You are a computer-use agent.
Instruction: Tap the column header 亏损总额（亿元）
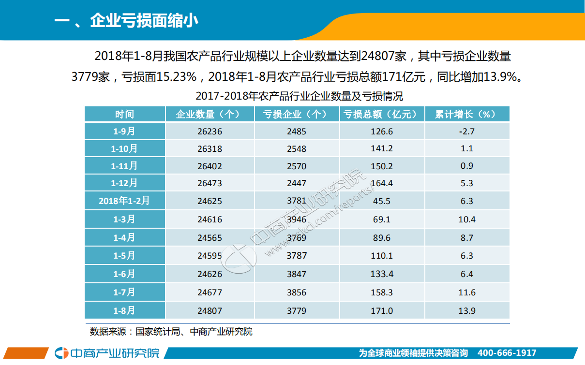(x=382, y=114)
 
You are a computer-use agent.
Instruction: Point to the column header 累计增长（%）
(x=466, y=114)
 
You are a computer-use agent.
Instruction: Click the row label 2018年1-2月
(x=124, y=201)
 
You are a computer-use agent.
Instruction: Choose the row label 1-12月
(x=124, y=183)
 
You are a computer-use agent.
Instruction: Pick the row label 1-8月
(x=124, y=310)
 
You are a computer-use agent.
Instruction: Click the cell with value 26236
(x=210, y=131)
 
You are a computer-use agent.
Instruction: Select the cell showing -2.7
(x=467, y=131)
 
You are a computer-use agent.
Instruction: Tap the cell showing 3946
(x=296, y=219)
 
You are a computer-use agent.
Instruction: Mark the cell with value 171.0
(x=382, y=310)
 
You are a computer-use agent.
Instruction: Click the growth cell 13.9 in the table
(x=467, y=310)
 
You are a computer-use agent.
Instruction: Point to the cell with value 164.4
(x=382, y=183)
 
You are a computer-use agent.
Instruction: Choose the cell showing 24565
(x=210, y=237)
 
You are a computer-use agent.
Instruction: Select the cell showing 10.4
(x=467, y=219)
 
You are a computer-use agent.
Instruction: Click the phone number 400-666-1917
(x=507, y=353)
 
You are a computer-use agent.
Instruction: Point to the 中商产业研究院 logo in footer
(x=107, y=353)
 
